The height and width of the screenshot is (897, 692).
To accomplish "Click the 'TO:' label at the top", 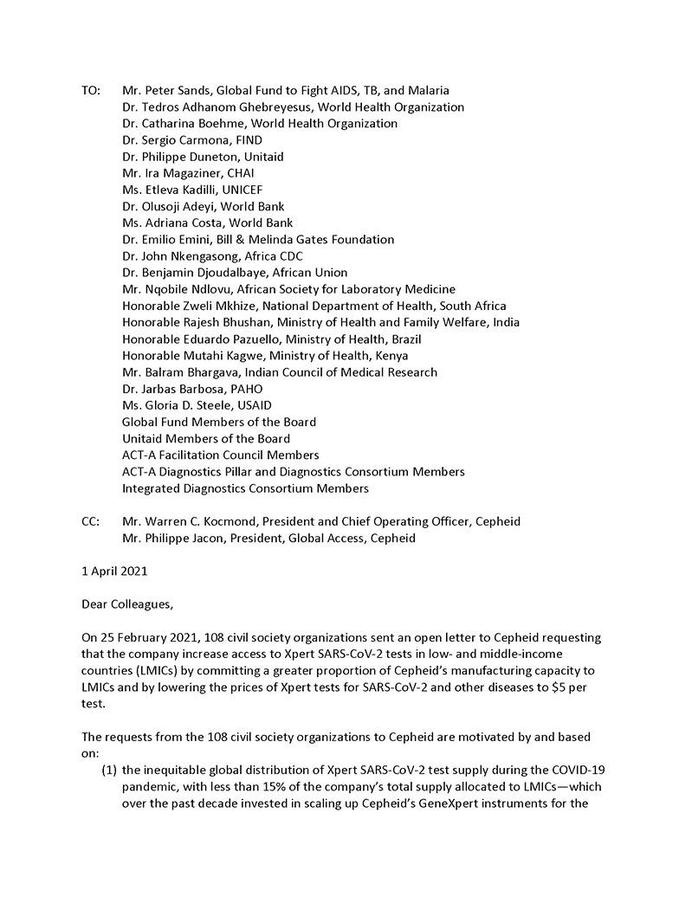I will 91,91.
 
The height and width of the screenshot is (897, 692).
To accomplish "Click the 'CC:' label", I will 91,521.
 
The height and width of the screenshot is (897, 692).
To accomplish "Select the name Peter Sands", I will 178,91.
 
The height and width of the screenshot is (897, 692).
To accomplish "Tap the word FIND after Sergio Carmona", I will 249,140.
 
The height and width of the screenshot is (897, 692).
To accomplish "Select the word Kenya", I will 390,356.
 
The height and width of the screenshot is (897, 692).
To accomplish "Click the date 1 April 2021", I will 114,571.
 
